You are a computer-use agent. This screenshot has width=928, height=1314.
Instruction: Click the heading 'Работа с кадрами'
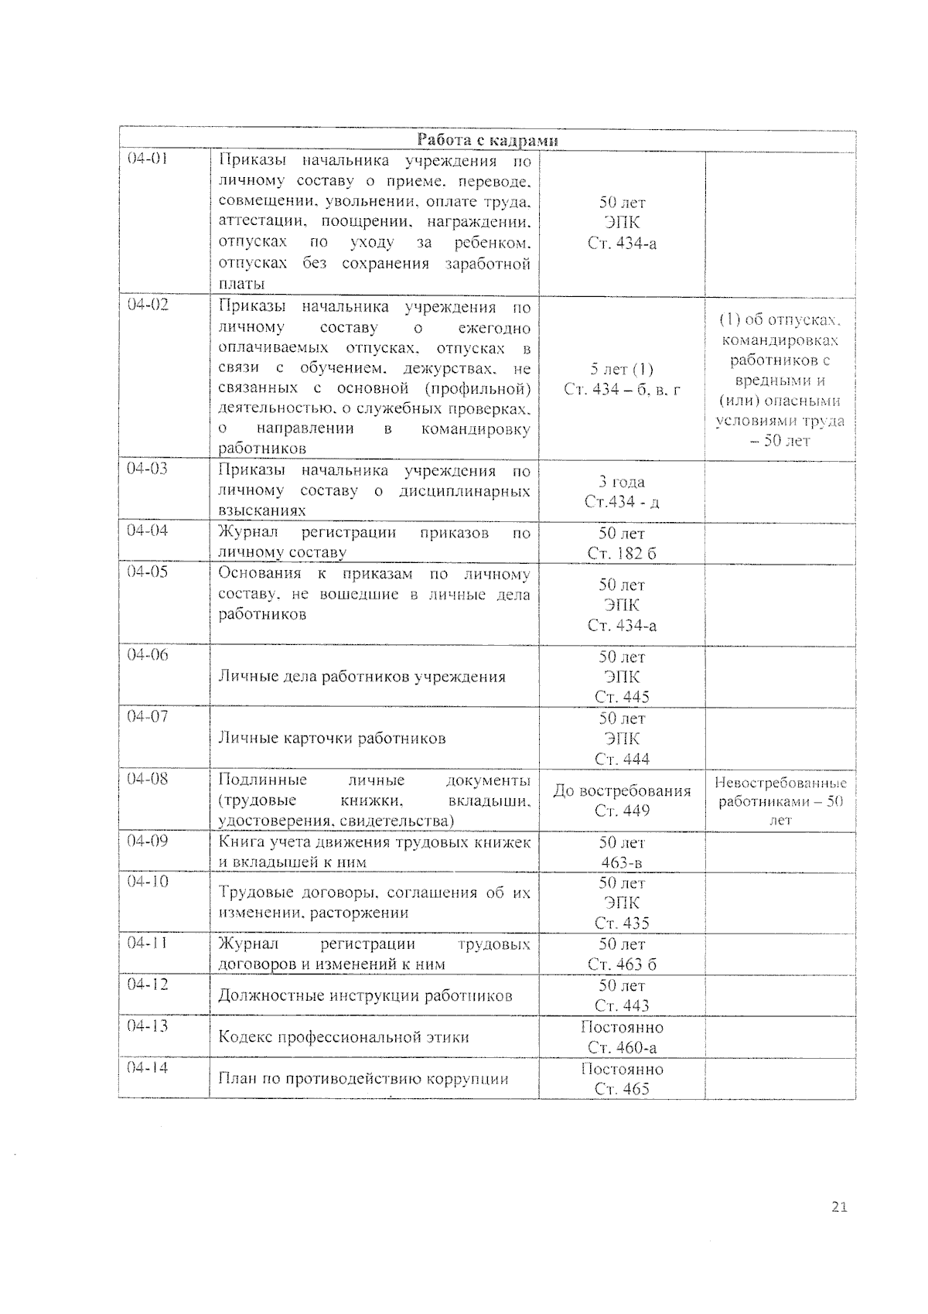pyautogui.click(x=487, y=140)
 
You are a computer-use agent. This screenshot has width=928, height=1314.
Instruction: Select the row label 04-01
pyautogui.click(x=148, y=159)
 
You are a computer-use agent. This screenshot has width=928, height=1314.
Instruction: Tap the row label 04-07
pyautogui.click(x=148, y=716)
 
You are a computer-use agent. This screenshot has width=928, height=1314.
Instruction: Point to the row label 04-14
pyautogui.click(x=148, y=1067)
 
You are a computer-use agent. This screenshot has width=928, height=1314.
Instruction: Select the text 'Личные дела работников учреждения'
pyautogui.click(x=362, y=677)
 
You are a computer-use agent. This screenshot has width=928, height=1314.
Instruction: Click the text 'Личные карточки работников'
pyautogui.click(x=332, y=738)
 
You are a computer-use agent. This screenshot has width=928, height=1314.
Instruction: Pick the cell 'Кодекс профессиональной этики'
pyautogui.click(x=343, y=1037)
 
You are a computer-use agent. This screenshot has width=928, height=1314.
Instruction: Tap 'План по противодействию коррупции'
pyautogui.click(x=363, y=1079)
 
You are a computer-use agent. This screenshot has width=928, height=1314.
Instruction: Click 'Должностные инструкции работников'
pyautogui.click(x=365, y=995)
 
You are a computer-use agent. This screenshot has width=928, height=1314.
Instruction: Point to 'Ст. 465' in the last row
pyautogui.click(x=622, y=1089)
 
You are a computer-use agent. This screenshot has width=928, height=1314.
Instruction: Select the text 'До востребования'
pyautogui.click(x=622, y=790)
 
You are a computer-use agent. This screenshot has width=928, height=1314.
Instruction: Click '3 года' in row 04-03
pyautogui.click(x=622, y=482)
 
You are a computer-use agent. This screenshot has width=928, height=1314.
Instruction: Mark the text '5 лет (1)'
pyautogui.click(x=622, y=369)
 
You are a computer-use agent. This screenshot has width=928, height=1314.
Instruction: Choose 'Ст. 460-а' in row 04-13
pyautogui.click(x=622, y=1047)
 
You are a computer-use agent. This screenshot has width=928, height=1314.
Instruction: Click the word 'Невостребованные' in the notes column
pyautogui.click(x=780, y=783)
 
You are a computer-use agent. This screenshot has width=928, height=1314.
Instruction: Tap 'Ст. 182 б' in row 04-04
pyautogui.click(x=622, y=553)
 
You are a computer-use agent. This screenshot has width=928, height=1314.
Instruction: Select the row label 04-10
pyautogui.click(x=148, y=882)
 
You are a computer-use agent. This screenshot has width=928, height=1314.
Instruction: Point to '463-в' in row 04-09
pyautogui.click(x=622, y=862)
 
